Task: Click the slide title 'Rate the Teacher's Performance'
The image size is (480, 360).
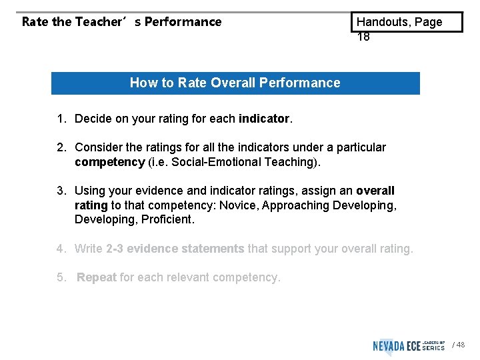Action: coord(121,21)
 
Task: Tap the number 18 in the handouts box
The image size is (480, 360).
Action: coord(363,37)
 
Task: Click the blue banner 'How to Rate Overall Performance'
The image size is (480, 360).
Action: coord(235,83)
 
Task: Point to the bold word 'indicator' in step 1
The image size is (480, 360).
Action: coord(264,119)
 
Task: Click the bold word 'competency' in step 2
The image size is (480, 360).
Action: coord(109,162)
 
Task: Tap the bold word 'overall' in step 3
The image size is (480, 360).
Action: coord(375,191)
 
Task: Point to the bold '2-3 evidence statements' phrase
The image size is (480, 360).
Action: coord(175,249)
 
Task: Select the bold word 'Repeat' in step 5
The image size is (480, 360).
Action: coord(97,277)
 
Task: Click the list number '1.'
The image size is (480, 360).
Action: coord(61,119)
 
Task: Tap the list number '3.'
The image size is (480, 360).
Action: coord(61,191)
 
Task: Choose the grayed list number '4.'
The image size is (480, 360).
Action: coord(61,249)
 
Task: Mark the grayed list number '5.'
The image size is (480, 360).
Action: coord(61,277)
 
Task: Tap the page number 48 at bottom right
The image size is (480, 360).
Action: coord(461,345)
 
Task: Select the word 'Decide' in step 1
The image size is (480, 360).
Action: coord(93,119)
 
